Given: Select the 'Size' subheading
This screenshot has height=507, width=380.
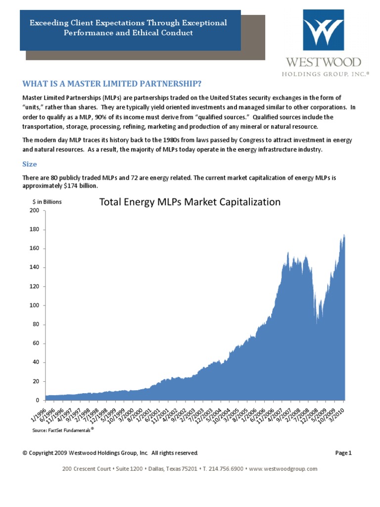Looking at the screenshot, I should click(x=30, y=164).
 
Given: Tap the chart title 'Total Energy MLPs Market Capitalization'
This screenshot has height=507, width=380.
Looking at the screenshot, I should click(x=190, y=202).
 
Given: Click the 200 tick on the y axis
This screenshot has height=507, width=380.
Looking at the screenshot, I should click(x=34, y=210).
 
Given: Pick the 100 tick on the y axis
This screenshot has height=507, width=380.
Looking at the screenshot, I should click(x=34, y=305).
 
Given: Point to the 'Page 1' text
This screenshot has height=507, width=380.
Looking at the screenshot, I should click(x=343, y=453).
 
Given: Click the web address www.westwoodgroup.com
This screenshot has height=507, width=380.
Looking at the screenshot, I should click(x=283, y=468).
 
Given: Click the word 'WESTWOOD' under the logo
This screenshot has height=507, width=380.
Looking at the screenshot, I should click(x=323, y=63).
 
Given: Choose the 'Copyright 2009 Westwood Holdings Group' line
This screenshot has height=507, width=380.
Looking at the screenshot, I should click(x=111, y=453).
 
